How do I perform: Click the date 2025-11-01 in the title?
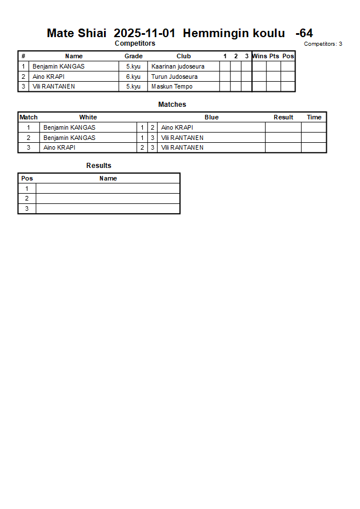[145, 33]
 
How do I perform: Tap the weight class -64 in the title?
[304, 33]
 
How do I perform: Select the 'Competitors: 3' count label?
[323, 44]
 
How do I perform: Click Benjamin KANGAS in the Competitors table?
[58, 66]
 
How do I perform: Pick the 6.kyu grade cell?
[133, 77]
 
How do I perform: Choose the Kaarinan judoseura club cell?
[178, 66]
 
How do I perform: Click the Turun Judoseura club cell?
[174, 77]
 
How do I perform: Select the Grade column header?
[133, 56]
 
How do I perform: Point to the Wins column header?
[259, 56]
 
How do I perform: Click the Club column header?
[183, 56]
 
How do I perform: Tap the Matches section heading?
[172, 105]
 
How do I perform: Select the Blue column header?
[211, 117]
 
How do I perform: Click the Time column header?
[314, 117]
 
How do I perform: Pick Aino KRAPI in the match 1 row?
[177, 127]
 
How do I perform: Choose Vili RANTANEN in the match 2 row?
[182, 138]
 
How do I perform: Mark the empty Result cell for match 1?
[283, 127]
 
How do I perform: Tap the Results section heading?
[99, 166]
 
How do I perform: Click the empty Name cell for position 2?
[108, 198]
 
